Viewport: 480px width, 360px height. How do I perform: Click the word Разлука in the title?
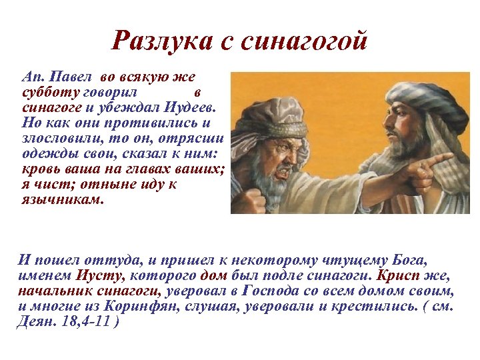(159, 42)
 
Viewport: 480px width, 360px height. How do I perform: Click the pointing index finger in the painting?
(441, 159)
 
